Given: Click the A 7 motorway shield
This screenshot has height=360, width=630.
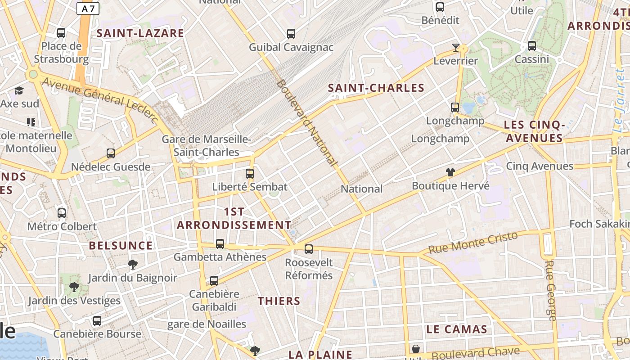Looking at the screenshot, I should pos(88,9).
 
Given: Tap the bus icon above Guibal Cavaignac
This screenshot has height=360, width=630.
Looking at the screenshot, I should pos(291,33).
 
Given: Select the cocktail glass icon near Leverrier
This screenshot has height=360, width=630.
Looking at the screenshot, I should pos(455,47).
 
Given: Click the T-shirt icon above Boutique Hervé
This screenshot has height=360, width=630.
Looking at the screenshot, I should pos(450,172).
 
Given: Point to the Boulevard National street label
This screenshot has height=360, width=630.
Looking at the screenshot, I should pos(307,122).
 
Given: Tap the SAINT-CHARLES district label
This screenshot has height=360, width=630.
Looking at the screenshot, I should pos(376,88).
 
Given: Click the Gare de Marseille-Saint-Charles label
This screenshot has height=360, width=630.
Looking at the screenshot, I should pos(206,146).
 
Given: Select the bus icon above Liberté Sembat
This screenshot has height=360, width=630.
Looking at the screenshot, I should pos(250,173).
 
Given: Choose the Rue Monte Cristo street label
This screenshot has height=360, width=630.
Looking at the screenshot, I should pos(473,243).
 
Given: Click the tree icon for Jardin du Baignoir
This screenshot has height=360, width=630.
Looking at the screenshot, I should pos(132,264).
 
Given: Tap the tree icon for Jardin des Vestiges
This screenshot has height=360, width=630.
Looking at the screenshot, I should pos(74,287).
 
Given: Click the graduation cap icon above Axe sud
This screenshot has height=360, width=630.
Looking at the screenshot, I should pos(19,91).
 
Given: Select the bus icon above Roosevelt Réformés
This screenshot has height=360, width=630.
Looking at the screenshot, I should pos(309,249).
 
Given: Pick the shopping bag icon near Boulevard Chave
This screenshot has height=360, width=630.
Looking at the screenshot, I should pos(416,349).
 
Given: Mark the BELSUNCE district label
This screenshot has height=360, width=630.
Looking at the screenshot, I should pos(121,246).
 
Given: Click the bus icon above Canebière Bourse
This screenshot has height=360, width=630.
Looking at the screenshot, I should pos(97,321).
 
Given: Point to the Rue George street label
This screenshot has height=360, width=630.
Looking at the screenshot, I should pos(550,290).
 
